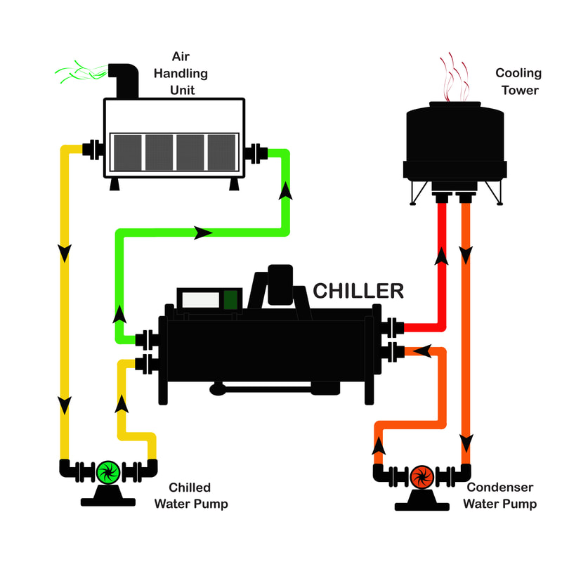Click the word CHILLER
point(358,291)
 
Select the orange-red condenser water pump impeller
point(422,478)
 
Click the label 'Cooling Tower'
point(518,81)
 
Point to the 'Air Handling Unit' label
point(181,73)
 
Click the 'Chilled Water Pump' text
point(191,496)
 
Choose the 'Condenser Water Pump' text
point(500,495)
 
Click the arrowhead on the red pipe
point(442,256)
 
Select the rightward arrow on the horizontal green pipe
point(203,233)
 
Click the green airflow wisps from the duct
point(81,72)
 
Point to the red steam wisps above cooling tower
point(454,77)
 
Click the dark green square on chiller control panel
point(230,300)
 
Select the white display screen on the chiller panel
point(201,300)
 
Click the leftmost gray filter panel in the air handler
point(128,152)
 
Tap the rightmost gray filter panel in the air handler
point(222,152)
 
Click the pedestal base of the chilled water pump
point(108,497)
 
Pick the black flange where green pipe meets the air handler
point(256,153)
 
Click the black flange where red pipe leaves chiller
point(392,327)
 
